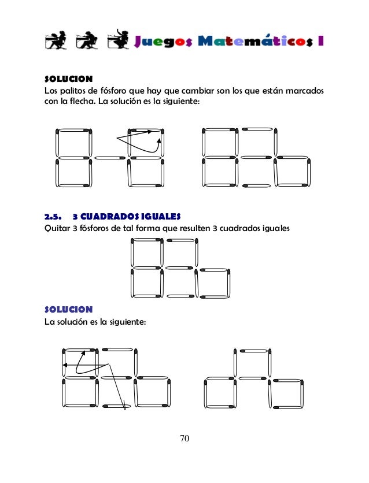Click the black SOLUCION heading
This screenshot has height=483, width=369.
[x=69, y=79]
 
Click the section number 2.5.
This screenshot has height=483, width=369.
[x=53, y=217]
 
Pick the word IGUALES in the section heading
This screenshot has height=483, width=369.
[x=163, y=217]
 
